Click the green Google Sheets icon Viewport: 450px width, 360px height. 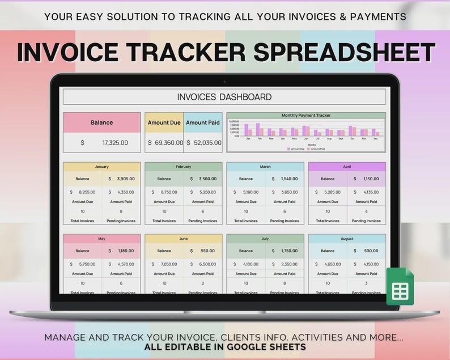[x=400, y=287]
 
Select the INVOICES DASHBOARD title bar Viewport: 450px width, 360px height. [x=224, y=97]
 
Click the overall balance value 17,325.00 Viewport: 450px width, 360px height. [x=115, y=143]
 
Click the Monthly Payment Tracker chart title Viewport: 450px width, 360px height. [x=306, y=115]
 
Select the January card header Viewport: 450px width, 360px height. [x=102, y=167]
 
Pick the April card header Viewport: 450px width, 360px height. [x=347, y=167]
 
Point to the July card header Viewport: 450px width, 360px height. [x=265, y=239]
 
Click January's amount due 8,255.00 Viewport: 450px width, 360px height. [x=87, y=192]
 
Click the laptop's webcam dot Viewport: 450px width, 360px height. [x=225, y=82]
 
